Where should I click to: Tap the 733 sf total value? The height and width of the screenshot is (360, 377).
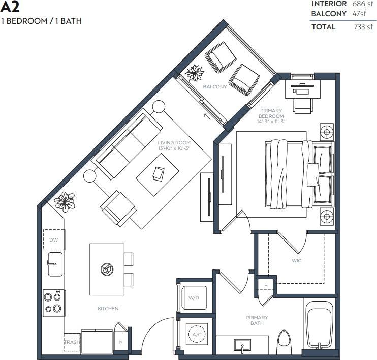363,27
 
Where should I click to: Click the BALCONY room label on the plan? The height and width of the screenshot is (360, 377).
215,87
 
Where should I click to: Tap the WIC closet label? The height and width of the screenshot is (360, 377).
297,261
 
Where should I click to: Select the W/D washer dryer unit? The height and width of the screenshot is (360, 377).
194,297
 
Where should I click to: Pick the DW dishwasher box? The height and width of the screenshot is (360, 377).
53,239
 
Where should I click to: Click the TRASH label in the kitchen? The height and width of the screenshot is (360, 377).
72,343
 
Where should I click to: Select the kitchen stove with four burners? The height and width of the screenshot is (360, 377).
53,304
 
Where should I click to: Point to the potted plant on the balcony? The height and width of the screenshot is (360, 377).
194,74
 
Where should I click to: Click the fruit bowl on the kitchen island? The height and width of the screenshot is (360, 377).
107,269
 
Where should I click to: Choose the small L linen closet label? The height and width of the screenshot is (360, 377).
265,284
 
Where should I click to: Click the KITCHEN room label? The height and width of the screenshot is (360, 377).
108,309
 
